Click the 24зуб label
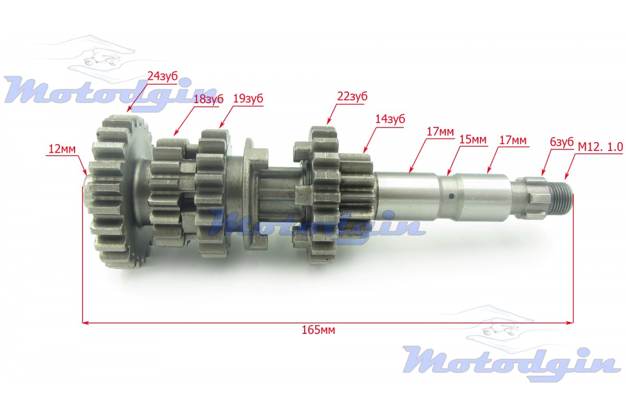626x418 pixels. click(x=163, y=76)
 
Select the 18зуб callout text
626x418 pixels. click(x=209, y=99)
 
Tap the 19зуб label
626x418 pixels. click(x=248, y=99)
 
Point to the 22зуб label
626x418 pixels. click(x=352, y=97)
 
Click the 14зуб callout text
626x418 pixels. click(x=390, y=119)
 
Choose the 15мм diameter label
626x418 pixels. click(x=473, y=140)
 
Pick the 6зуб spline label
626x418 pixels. click(x=562, y=142)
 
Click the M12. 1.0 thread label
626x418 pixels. click(x=600, y=147)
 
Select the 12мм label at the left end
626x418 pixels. click(x=62, y=149)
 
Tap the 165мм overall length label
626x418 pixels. click(x=318, y=330)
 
